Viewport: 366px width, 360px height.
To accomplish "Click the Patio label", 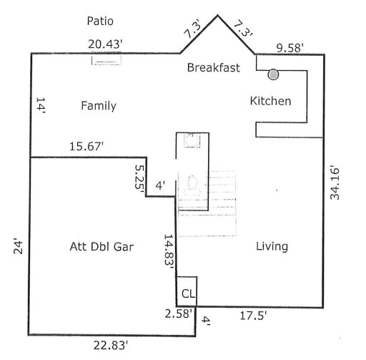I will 100,21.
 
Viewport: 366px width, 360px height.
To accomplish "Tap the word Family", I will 98,106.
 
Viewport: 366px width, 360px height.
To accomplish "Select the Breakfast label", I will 213,68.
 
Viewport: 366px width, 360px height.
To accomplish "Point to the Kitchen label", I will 269,101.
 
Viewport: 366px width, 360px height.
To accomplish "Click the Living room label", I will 272,246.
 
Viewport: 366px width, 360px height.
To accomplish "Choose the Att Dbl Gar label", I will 102,246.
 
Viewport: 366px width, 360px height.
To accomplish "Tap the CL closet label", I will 187,293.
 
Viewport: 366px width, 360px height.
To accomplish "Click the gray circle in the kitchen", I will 273,74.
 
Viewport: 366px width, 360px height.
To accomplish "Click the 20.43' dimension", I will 105,44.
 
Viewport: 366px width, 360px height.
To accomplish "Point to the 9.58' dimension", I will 291,48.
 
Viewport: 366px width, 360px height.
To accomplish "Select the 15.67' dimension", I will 86,146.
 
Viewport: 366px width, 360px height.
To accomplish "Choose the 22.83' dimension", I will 112,345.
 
